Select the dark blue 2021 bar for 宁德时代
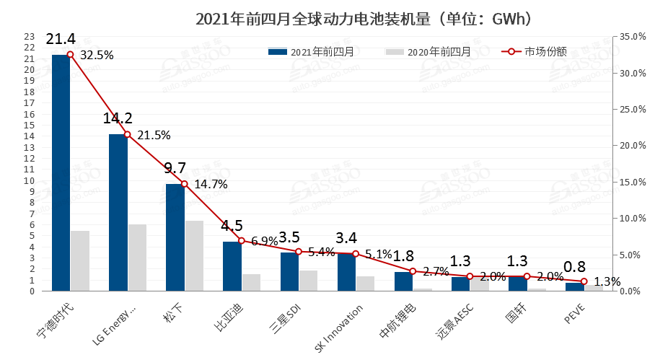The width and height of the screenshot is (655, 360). pos(61,173)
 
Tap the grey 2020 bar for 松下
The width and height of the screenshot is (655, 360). pos(194,256)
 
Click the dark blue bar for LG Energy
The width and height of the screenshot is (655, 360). pos(118,213)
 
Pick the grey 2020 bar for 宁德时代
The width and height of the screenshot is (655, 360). pos(80,261)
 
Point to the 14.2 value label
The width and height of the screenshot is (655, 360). pos(118,118)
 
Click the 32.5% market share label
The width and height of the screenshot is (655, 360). pos(97,55)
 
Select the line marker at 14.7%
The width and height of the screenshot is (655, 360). pos(184,184)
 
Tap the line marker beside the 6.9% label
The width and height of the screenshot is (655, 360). pos(241,240)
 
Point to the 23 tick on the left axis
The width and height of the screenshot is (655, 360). pos(29,36)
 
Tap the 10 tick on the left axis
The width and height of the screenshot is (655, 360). pos(29,180)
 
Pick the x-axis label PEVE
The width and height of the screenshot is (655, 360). pos(574,313)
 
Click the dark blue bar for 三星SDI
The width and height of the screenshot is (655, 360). pos(289,272)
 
